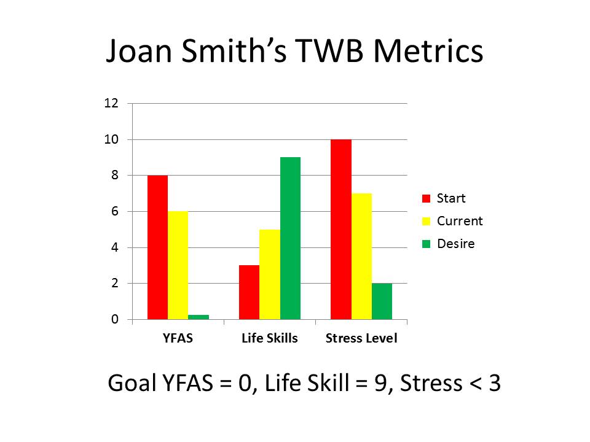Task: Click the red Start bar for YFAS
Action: tap(158, 247)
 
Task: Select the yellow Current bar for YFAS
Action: tap(178, 265)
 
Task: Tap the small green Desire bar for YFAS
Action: tap(199, 317)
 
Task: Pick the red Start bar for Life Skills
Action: tap(249, 292)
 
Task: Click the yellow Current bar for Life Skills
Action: tap(270, 274)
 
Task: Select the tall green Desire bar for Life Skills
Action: tap(290, 238)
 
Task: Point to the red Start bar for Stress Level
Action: tap(341, 229)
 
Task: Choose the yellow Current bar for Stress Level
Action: tap(361, 257)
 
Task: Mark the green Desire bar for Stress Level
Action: tap(382, 301)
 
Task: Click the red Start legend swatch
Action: tap(426, 198)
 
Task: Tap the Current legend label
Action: tap(460, 221)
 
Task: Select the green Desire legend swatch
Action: tap(426, 244)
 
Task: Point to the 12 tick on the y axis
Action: tap(111, 103)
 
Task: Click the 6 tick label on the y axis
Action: tap(115, 211)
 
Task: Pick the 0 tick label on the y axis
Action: tap(115, 319)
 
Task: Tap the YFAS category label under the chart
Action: tap(178, 338)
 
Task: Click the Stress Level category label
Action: tap(361, 338)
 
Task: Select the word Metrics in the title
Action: tap(428, 51)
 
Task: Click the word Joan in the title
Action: tap(140, 51)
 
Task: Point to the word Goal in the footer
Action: tap(132, 383)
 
